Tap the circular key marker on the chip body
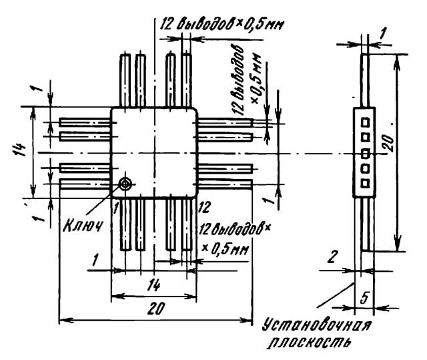point(125,184)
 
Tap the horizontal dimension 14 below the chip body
point(153,285)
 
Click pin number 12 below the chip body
point(205,206)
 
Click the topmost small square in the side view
point(365,122)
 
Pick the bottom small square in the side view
point(365,183)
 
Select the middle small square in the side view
point(365,152)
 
